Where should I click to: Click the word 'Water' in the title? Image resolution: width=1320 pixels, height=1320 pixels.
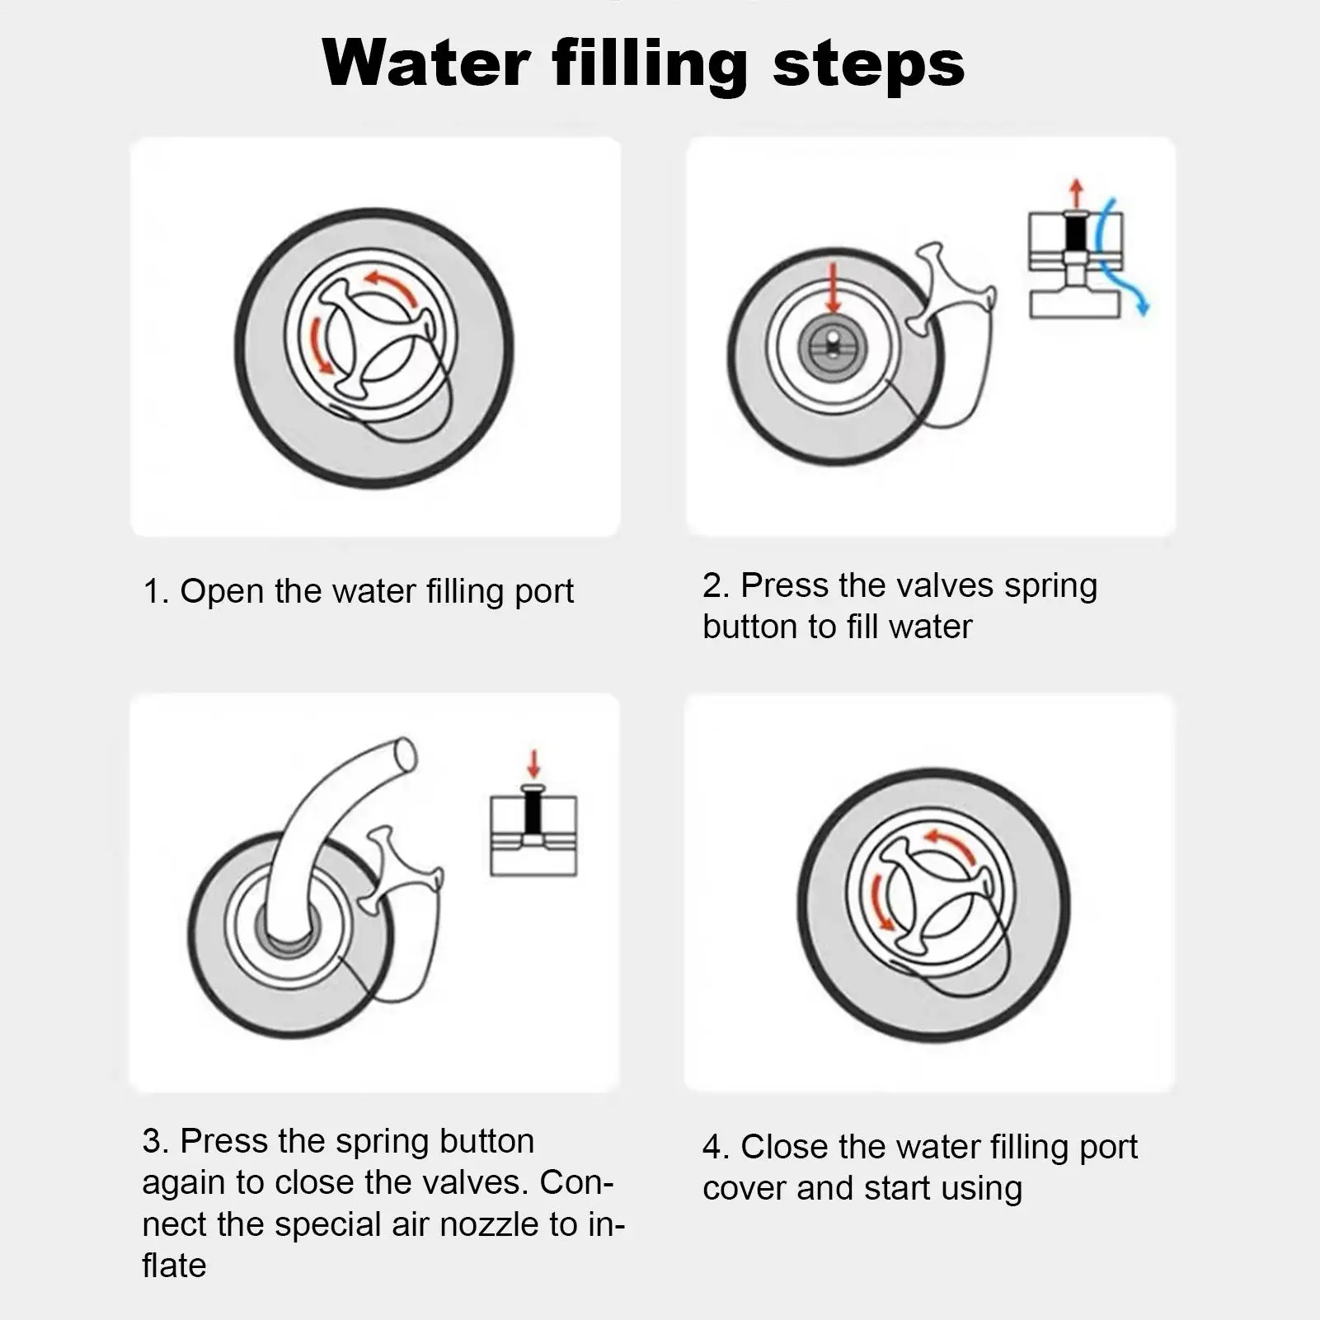point(426,63)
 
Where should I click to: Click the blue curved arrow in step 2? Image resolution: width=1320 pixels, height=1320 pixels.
point(1122,256)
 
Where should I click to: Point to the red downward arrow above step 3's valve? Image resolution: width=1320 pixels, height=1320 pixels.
point(534,763)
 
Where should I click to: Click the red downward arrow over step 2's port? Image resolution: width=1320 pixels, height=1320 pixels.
point(834,287)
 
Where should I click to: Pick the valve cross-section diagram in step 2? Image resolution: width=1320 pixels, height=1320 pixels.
point(1075,264)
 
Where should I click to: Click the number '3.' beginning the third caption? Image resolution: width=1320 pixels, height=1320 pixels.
point(156,1142)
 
